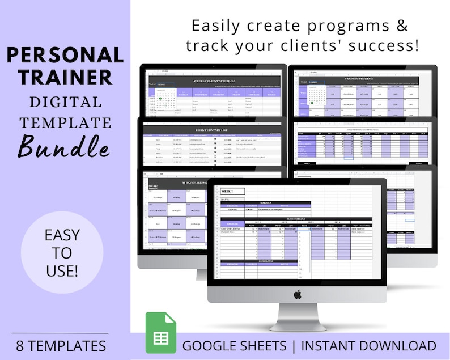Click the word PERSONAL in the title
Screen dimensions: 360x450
pyautogui.click(x=65, y=55)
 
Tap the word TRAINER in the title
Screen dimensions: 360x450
pyautogui.click(x=65, y=77)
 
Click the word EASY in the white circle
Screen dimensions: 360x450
pyautogui.click(x=62, y=235)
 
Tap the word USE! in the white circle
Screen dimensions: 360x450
pyautogui.click(x=62, y=271)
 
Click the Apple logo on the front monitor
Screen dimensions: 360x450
pyautogui.click(x=298, y=294)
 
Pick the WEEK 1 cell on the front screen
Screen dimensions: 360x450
pyautogui.click(x=232, y=192)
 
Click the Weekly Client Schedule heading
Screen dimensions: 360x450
pyautogui.click(x=215, y=81)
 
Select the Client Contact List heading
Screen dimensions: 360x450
pyautogui.click(x=215, y=129)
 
